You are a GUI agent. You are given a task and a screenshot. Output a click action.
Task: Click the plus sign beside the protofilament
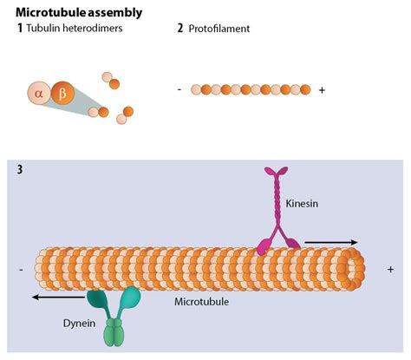click(323, 89)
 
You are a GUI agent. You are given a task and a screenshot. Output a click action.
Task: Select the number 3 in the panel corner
click(20, 169)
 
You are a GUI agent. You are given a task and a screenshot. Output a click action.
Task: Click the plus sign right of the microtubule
click(390, 270)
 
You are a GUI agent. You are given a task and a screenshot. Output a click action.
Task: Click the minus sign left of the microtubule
click(20, 270)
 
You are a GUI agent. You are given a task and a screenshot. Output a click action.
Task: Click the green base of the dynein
click(114, 333)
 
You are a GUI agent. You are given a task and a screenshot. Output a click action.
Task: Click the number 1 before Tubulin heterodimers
click(20, 29)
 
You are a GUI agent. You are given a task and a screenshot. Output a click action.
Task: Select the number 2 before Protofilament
click(180, 29)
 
